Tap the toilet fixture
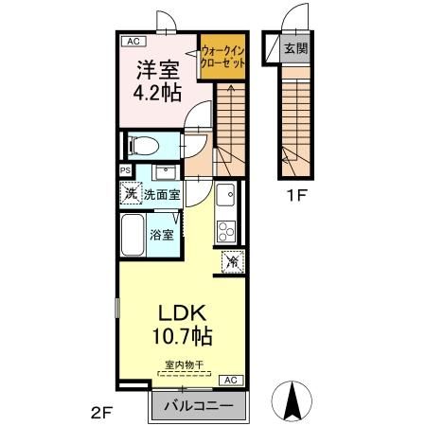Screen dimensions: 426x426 point(143,147)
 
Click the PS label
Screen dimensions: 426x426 point(125,171)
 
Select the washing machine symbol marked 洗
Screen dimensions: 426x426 point(130,193)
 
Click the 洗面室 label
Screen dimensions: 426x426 point(163,193)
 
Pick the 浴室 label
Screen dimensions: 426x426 point(160,234)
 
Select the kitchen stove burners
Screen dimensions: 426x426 point(225,230)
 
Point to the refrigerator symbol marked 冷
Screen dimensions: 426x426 point(231,262)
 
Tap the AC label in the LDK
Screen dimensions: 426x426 point(228,380)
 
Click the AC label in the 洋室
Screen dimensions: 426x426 point(132,42)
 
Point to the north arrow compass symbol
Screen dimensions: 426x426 point(291,400)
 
